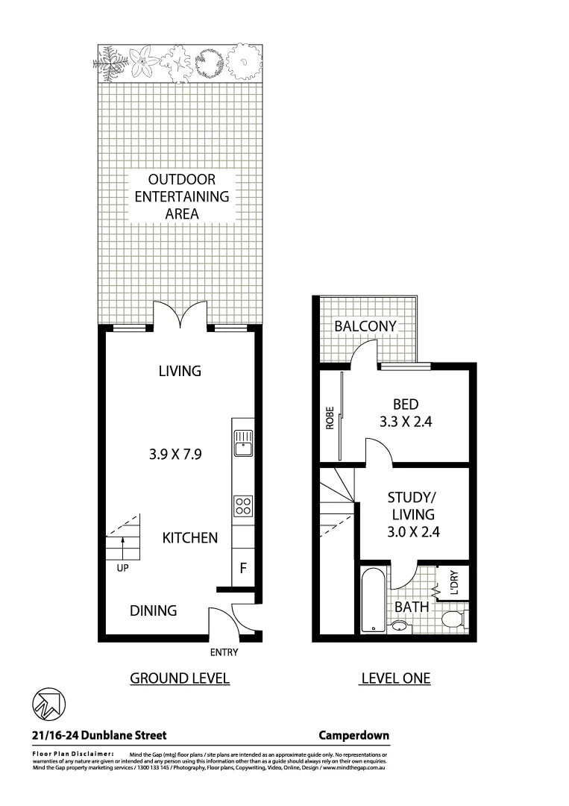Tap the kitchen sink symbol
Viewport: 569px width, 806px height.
242,443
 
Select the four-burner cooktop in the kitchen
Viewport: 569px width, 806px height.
242,507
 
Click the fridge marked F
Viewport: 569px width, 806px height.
242,568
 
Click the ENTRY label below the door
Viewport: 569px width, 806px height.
224,652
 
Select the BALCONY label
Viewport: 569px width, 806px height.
365,326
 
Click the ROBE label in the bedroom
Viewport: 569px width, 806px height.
329,419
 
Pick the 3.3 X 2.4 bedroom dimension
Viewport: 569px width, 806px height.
405,421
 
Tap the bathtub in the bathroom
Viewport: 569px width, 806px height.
370,600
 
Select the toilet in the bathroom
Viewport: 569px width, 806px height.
452,619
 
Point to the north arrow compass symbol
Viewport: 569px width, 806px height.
49,704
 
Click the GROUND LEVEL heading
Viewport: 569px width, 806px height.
180,678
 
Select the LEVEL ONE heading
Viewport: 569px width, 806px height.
395,678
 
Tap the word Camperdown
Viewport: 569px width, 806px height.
353,735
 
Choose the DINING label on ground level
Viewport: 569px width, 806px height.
154,610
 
